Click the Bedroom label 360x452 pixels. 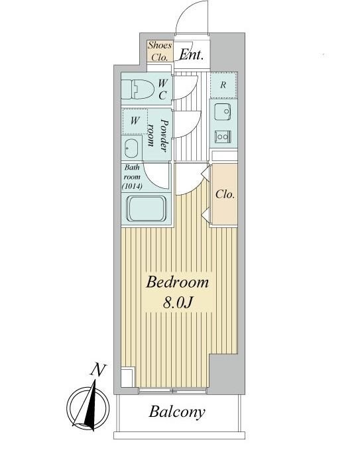(x=177, y=282)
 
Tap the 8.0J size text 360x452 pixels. (x=178, y=302)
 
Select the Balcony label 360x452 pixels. (x=177, y=412)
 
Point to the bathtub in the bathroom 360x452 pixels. (x=147, y=209)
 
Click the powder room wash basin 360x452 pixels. (x=131, y=148)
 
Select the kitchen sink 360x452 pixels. (x=223, y=111)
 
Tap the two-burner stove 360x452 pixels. (x=223, y=136)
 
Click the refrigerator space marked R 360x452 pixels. (x=223, y=85)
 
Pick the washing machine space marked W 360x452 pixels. (x=135, y=121)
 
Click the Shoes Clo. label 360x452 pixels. (x=160, y=51)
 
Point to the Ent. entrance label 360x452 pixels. (x=191, y=54)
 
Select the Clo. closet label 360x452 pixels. (x=225, y=195)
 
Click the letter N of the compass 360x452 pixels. (x=98, y=370)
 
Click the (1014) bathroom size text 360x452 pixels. (x=132, y=186)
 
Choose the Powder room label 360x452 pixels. (x=157, y=135)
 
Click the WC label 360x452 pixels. (x=162, y=89)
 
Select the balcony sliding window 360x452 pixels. (x=173, y=391)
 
